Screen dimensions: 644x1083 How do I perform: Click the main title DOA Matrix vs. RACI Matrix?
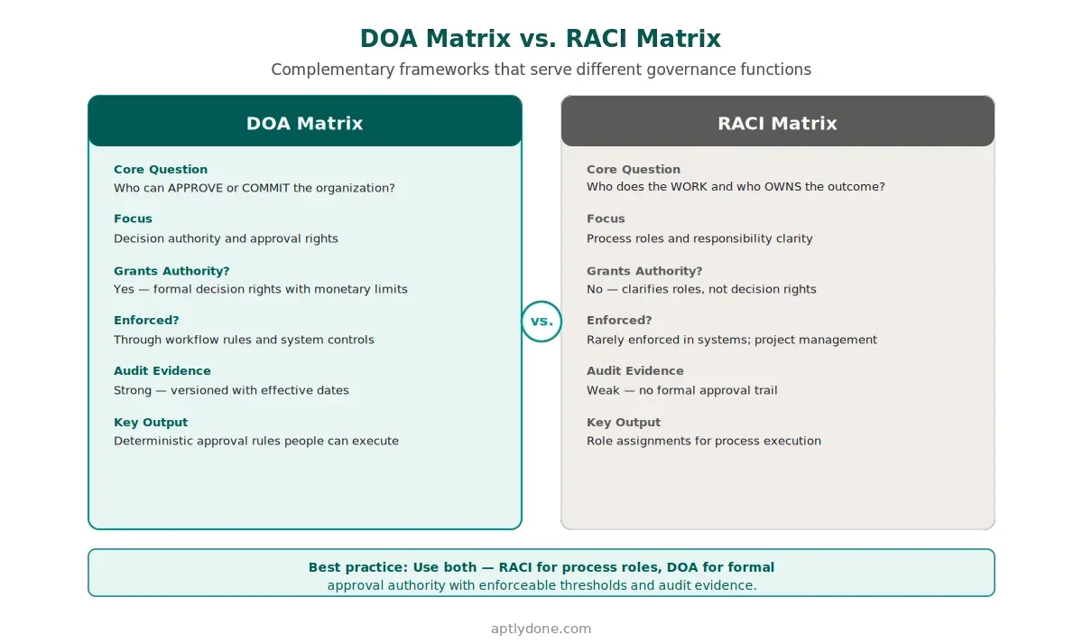pyautogui.click(x=541, y=39)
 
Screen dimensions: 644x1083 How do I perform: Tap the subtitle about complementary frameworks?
pyautogui.click(x=541, y=70)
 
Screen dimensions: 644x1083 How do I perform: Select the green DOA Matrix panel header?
pyautogui.click(x=305, y=123)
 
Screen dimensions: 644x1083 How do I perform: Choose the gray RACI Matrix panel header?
pyautogui.click(x=777, y=123)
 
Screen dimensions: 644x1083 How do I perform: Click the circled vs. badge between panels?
pyautogui.click(x=541, y=322)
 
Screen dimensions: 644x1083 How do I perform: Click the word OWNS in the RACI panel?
pyautogui.click(x=782, y=187)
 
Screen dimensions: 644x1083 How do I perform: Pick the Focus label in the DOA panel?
pyautogui.click(x=133, y=219)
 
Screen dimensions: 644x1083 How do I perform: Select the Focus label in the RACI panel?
pyautogui.click(x=606, y=219)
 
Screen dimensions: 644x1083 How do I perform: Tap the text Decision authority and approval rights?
pyautogui.click(x=226, y=238)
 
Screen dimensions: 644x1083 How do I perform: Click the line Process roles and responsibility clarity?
pyautogui.click(x=699, y=238)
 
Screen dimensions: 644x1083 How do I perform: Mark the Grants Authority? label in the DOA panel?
pyautogui.click(x=160, y=270)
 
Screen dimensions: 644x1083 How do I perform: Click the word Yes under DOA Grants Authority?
pyautogui.click(x=125, y=289)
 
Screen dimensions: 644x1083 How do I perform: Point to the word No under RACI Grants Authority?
pyautogui.click(x=596, y=289)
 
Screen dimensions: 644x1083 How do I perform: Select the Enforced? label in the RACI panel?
pyautogui.click(x=619, y=320)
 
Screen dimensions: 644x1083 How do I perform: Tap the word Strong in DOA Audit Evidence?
pyautogui.click(x=134, y=390)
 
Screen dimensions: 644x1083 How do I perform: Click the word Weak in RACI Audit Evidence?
pyautogui.click(x=603, y=390)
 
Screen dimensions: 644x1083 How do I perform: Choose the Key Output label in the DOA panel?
pyautogui.click(x=151, y=422)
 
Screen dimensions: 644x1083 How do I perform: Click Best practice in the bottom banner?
pyautogui.click(x=356, y=567)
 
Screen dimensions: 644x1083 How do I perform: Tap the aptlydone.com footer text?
pyautogui.click(x=541, y=629)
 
